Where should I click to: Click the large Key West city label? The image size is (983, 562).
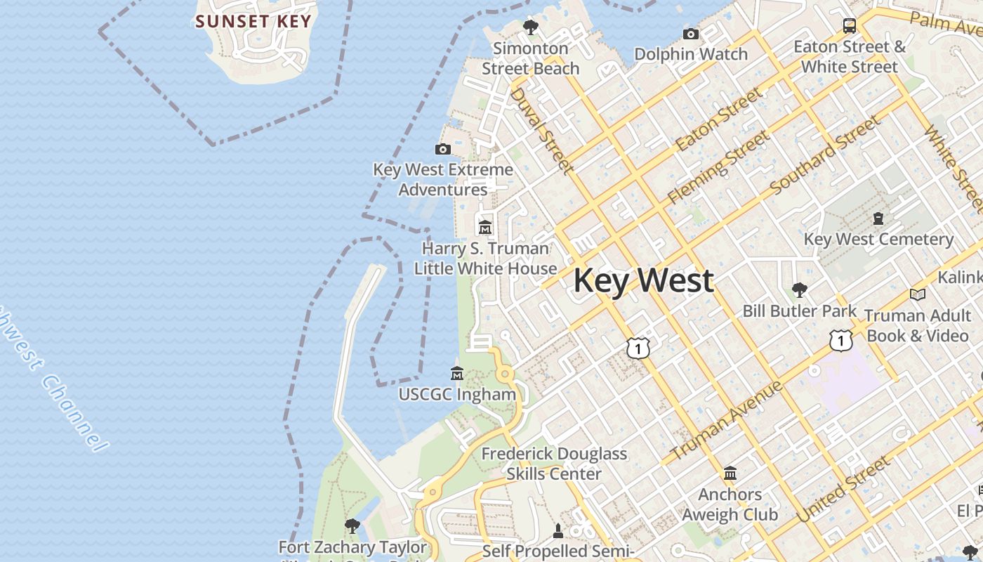pos(643,280)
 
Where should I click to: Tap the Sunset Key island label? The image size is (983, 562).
pos(253,21)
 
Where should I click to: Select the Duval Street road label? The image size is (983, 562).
pos(541,130)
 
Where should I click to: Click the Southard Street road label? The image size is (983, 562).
pos(824,156)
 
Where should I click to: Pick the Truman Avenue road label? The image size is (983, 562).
pos(726,421)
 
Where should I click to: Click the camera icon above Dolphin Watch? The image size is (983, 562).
pos(691,34)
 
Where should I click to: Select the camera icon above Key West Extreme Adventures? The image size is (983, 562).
pos(443,149)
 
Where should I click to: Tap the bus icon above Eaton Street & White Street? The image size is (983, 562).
pos(850,26)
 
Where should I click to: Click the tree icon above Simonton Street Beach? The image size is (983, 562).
pos(531,27)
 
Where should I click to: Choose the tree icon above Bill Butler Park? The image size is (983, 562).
pos(799,289)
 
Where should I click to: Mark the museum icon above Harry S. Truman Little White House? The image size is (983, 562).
pos(485,228)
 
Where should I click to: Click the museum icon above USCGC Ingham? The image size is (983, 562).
pos(457,373)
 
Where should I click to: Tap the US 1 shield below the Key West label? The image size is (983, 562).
pos(638,347)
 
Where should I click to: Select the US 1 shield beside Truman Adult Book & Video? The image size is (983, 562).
pos(840,340)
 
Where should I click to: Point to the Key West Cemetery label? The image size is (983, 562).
pos(878,239)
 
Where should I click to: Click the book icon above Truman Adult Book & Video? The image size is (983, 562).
pos(917,294)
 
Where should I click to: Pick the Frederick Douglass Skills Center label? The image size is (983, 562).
pos(554,464)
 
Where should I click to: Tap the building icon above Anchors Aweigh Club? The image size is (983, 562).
pos(730,473)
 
